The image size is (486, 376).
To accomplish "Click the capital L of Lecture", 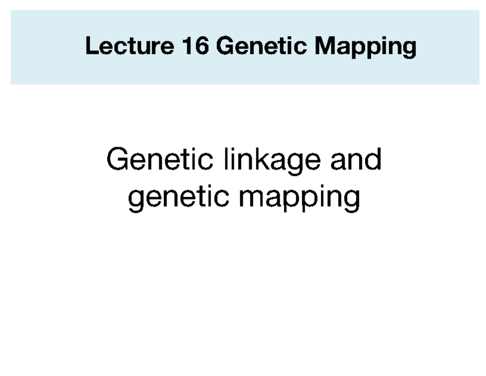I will click(90, 47).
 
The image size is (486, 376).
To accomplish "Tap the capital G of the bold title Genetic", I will click(224, 47).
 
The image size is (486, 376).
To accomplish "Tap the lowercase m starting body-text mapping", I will click(250, 198).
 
